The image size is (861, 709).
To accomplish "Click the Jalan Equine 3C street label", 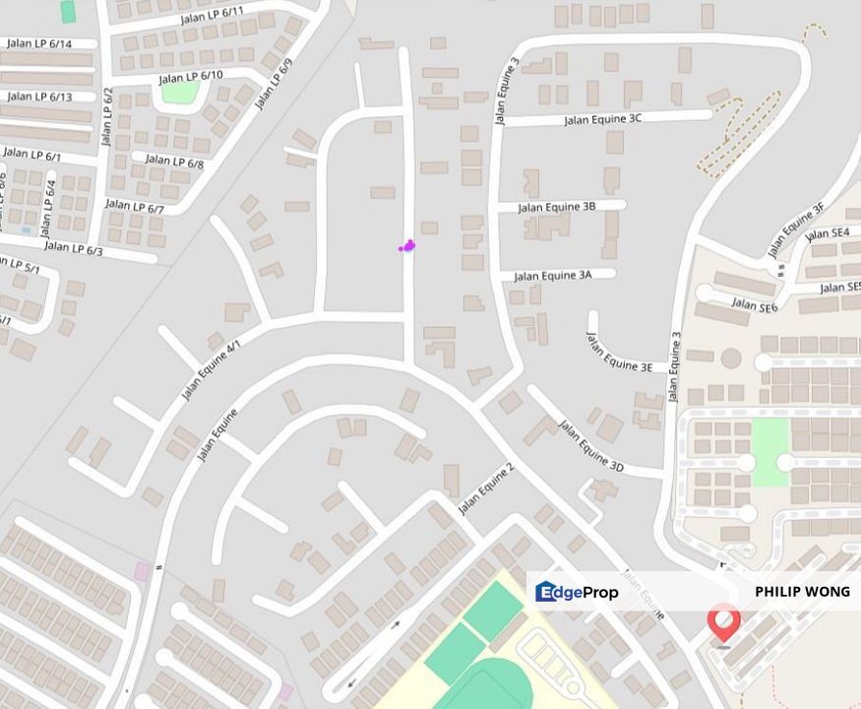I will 602,119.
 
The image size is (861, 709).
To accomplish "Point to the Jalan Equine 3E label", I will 619,353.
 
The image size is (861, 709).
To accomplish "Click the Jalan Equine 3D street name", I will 591,445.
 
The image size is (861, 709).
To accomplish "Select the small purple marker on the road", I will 407,245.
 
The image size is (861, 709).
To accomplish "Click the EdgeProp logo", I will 577,592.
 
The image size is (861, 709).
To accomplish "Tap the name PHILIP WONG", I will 801,592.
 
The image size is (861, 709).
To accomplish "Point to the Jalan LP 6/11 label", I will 213,17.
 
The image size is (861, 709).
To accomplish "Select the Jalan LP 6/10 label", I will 191,76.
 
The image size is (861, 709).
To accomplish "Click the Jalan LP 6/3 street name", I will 73,249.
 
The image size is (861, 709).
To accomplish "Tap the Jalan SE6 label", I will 755,305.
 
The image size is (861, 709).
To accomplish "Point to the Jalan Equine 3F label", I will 792,228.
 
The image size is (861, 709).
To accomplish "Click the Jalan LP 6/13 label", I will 39,97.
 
